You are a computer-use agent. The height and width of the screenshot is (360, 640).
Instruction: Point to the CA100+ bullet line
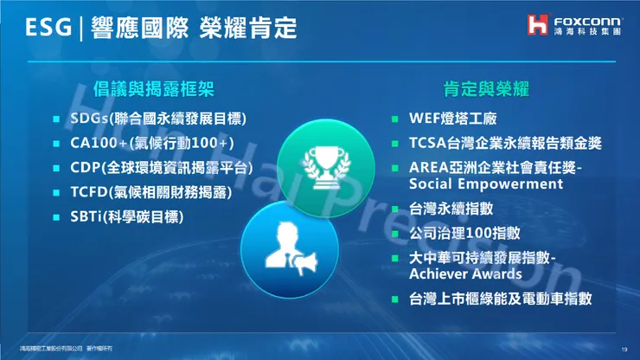click(x=152, y=143)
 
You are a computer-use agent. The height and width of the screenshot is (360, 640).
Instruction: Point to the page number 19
click(x=624, y=349)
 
